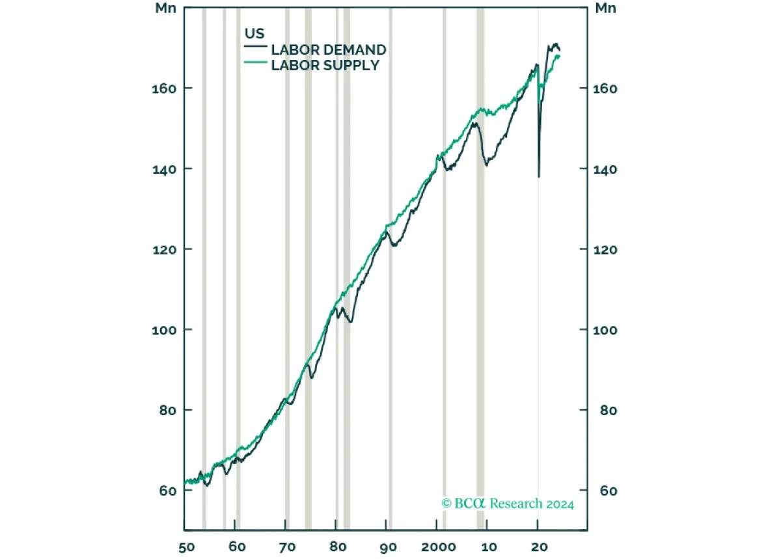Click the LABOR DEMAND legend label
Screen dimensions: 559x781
click(x=328, y=50)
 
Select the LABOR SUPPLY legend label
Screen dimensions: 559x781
click(x=325, y=65)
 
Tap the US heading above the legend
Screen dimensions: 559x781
click(x=254, y=34)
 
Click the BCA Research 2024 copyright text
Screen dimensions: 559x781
click(x=508, y=503)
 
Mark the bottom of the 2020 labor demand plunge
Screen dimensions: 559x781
click(x=538, y=176)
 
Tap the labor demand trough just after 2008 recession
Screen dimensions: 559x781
click(x=486, y=165)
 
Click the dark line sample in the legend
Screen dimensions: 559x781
click(x=255, y=48)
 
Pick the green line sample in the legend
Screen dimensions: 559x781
click(x=255, y=62)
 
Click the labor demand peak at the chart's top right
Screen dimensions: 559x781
click(x=555, y=44)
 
